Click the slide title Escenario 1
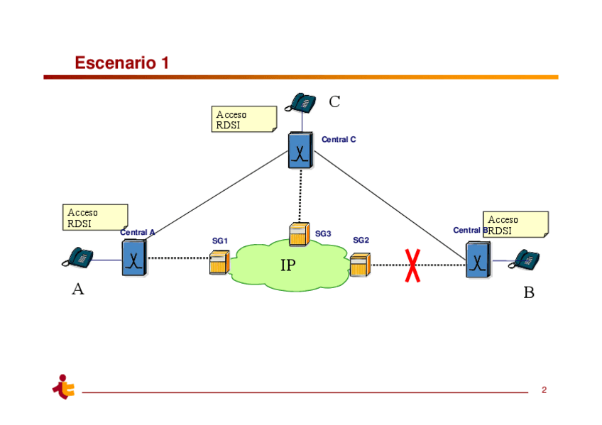122,63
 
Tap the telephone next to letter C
301,102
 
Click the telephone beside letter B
525,259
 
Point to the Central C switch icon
300,150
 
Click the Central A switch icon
133,258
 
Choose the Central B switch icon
478,260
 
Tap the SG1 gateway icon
219,263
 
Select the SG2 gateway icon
360,265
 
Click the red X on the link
412,265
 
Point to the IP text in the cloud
288,266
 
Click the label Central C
339,140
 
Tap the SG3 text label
323,233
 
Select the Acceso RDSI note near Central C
244,119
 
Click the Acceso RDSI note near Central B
515,224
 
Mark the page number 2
544,390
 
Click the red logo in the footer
64,387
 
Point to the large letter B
529,292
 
